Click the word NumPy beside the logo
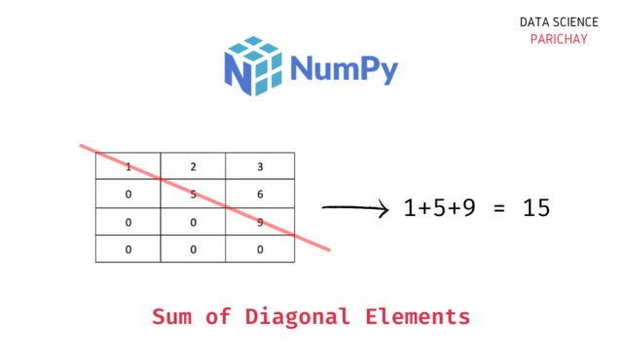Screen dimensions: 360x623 pyautogui.click(x=344, y=68)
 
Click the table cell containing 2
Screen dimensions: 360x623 pyautogui.click(x=193, y=166)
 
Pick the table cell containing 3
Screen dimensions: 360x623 pyautogui.click(x=260, y=166)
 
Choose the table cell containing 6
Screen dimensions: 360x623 pyautogui.click(x=260, y=194)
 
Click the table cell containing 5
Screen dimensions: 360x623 pyautogui.click(x=193, y=194)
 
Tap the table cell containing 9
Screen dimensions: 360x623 pyautogui.click(x=260, y=221)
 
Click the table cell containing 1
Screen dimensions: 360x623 pyautogui.click(x=128, y=166)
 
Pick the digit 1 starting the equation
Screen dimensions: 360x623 pyautogui.click(x=410, y=207)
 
